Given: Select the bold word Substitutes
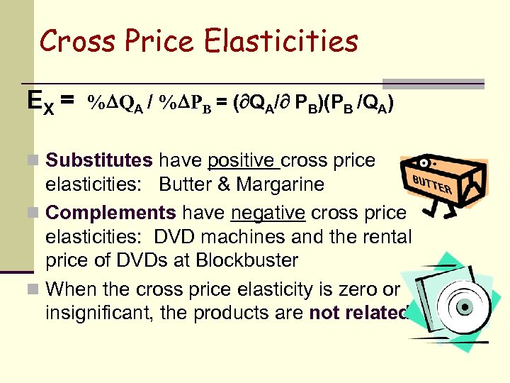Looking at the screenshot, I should [99, 160].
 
